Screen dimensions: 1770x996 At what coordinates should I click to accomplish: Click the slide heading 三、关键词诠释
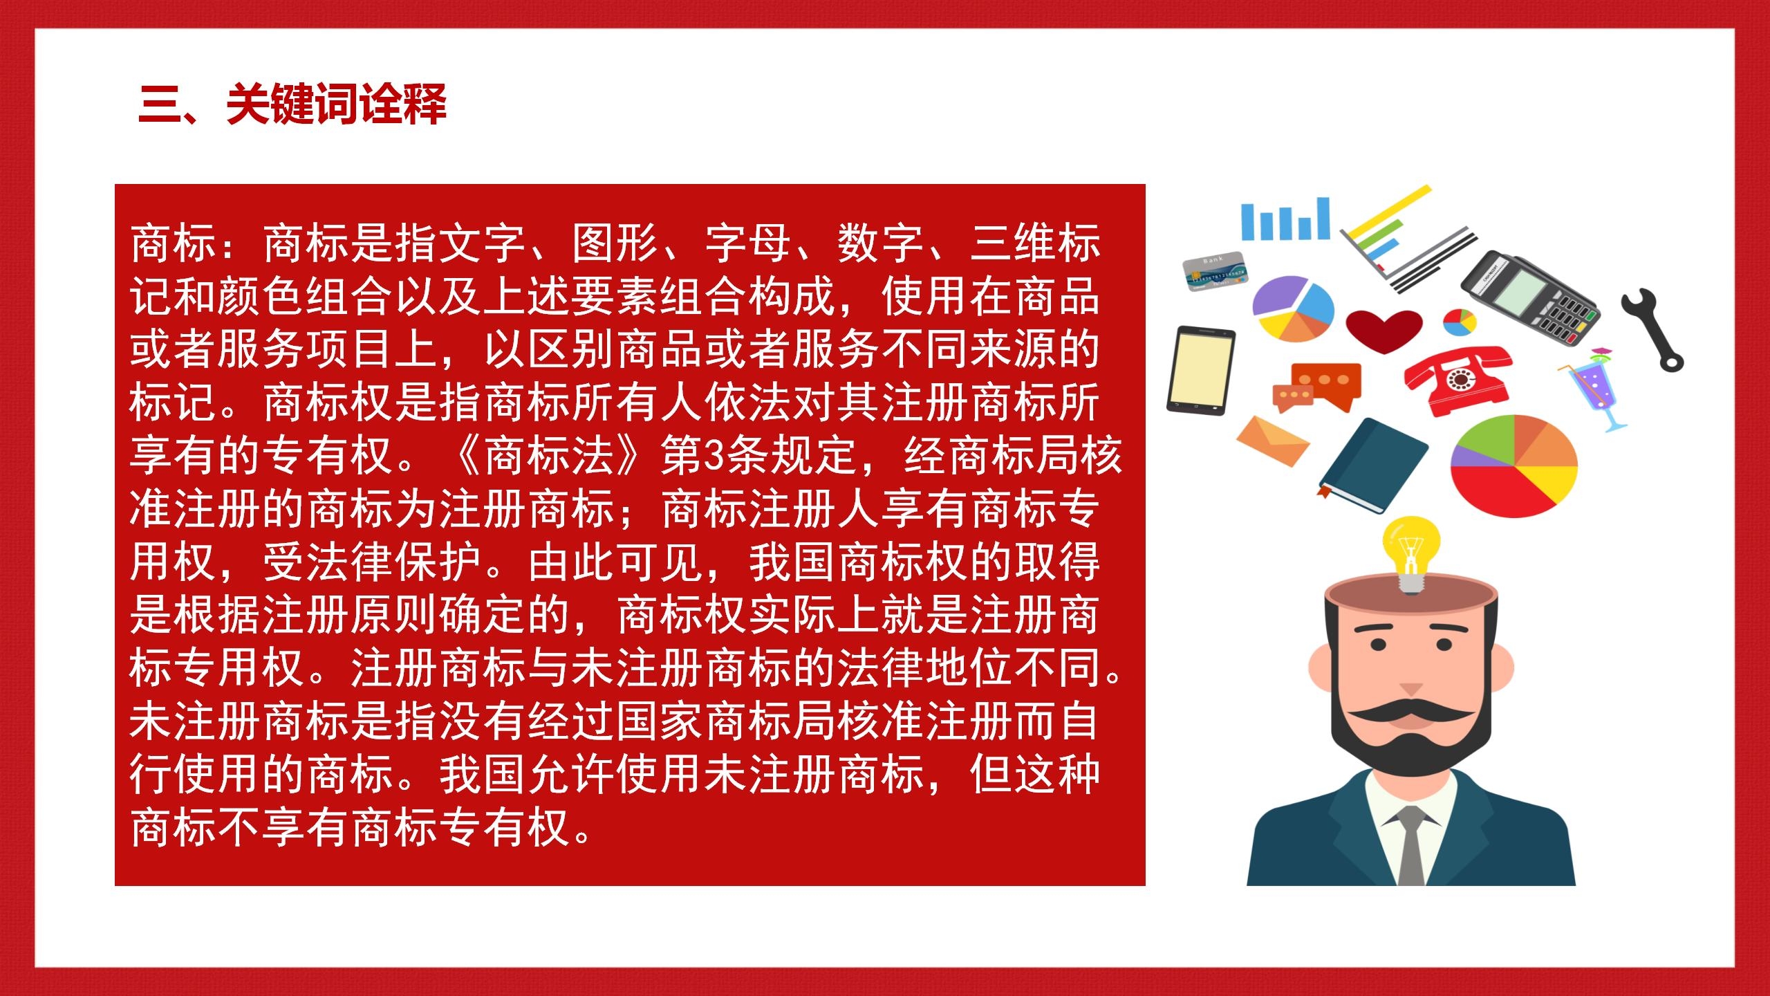(292, 104)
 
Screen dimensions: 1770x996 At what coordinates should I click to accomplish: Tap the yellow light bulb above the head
(1410, 553)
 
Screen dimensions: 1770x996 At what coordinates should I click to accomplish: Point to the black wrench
(1652, 329)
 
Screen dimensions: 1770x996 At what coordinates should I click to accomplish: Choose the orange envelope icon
(1272, 441)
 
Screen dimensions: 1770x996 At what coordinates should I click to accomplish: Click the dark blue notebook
(1372, 465)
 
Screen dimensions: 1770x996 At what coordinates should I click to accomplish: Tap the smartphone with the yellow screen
(1201, 371)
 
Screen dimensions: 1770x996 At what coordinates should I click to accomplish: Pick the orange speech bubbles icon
(1317, 387)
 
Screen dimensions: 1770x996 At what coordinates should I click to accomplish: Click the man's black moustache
(1410, 714)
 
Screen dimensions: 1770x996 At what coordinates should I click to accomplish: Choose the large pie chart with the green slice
(1514, 465)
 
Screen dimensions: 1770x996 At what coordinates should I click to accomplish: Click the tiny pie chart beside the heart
(1460, 322)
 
